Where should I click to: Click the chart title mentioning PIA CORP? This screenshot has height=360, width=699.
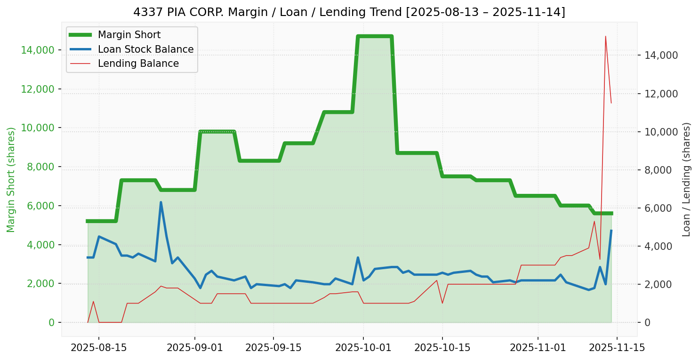[349, 12]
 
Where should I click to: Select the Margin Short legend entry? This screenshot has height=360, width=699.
[129, 35]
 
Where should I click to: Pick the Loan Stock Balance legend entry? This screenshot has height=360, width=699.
[145, 49]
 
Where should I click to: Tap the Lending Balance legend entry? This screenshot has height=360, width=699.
[138, 64]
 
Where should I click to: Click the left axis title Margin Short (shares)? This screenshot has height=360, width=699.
[11, 179]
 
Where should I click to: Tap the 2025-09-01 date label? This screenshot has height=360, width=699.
[194, 348]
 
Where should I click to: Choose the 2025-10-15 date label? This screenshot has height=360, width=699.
[442, 348]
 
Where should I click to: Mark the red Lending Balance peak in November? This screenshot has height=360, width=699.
[605, 36]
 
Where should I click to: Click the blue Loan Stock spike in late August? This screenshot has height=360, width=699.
[161, 202]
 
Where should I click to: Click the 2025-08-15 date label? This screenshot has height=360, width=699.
[98, 348]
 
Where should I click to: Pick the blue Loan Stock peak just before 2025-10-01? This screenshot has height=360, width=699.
[358, 257]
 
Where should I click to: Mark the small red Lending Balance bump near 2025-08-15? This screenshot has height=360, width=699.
[93, 302]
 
